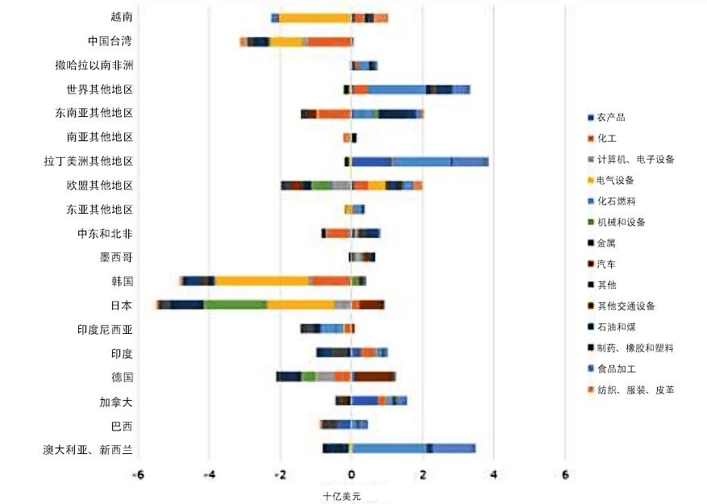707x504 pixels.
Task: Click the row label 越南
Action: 121,17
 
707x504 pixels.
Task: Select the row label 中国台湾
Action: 110,41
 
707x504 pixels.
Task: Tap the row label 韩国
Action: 122,281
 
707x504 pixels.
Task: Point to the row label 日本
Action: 122,306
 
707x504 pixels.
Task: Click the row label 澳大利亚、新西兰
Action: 88,449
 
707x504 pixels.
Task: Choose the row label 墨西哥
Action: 116,257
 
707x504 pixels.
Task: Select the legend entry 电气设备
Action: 621,180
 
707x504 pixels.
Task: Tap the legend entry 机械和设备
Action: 626,222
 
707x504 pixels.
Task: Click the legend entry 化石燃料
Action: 621,201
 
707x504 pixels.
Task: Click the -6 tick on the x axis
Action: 138,475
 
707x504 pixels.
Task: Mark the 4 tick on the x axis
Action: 493,475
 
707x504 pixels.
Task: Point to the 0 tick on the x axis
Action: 351,475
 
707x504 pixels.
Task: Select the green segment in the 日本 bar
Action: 235,305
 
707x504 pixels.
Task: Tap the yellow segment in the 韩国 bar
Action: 261,281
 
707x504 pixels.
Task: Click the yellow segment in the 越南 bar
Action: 314,18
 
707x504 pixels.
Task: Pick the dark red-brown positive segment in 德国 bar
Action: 375,377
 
